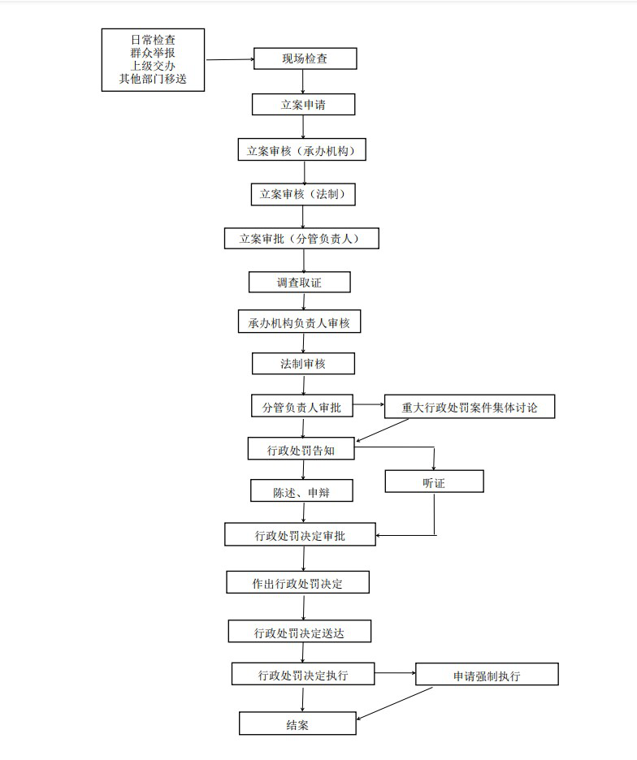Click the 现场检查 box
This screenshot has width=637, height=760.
pyautogui.click(x=305, y=58)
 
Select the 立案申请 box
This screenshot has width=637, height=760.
pyautogui.click(x=303, y=104)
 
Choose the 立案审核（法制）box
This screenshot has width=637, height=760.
pyautogui.click(x=303, y=194)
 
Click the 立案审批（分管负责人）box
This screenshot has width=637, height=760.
pyautogui.click(x=301, y=239)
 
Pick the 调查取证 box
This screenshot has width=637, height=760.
pyautogui.click(x=299, y=282)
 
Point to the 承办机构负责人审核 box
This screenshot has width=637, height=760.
pyautogui.click(x=299, y=322)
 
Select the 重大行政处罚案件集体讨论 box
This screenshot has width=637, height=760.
pyautogui.click(x=470, y=407)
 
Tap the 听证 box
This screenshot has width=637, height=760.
pyautogui.click(x=434, y=481)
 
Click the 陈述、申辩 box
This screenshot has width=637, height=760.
pyautogui.click(x=301, y=490)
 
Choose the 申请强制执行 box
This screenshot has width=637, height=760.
pyautogui.click(x=487, y=674)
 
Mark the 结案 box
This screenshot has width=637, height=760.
pyautogui.click(x=297, y=723)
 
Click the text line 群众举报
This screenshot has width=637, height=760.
pyautogui.click(x=153, y=53)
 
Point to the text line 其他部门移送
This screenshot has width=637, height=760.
pyautogui.click(x=153, y=79)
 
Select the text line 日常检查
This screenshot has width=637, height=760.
pyautogui.click(x=153, y=40)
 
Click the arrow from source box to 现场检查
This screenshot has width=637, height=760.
pyautogui.click(x=230, y=59)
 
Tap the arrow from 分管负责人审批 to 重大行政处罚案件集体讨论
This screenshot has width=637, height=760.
pyautogui.click(x=369, y=404)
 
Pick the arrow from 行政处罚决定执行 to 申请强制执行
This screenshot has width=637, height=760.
pyautogui.click(x=395, y=673)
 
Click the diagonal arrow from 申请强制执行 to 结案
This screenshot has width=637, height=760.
pyautogui.click(x=394, y=704)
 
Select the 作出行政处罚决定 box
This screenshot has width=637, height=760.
pyautogui.click(x=298, y=582)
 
